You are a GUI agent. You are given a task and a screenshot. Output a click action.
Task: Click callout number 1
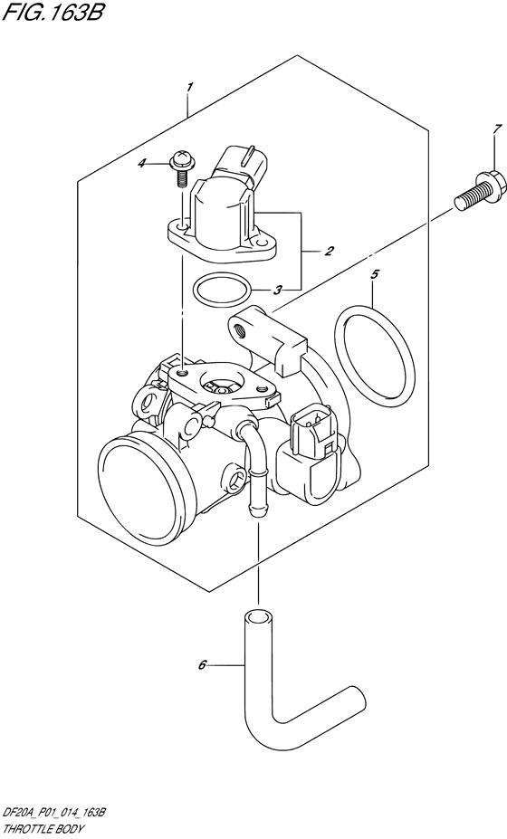pos(189,87)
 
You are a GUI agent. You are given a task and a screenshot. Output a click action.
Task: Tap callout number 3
pos(278,291)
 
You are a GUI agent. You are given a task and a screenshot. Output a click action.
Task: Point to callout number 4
pos(167,163)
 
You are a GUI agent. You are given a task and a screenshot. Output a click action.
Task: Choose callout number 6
pos(203,666)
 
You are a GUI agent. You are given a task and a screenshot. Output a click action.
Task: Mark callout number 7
pos(471,131)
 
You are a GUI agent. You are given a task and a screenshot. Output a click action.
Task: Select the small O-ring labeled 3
pos(222,291)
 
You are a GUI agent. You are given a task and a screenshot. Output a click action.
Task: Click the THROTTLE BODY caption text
pos(44,826)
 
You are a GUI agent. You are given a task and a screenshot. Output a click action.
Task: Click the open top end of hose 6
pos(257,619)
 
